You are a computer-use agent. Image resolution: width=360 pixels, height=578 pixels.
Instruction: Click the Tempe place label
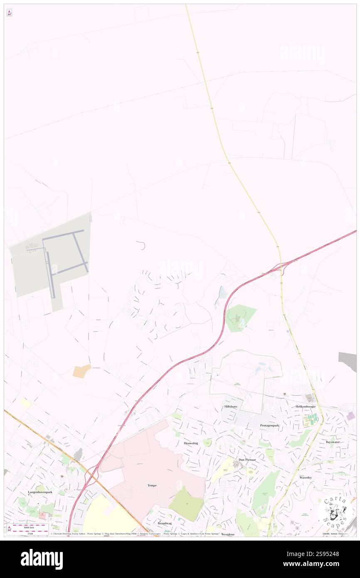(x=152, y=485)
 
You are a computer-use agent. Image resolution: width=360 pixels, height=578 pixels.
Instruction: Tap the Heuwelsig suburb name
(x=191, y=443)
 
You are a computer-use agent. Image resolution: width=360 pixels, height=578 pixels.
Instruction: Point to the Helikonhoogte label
(x=306, y=406)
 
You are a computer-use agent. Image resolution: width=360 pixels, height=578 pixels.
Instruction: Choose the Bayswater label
(x=333, y=442)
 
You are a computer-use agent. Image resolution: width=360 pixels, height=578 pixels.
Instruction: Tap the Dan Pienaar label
(x=247, y=459)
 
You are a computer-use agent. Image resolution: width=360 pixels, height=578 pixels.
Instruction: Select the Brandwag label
(x=165, y=523)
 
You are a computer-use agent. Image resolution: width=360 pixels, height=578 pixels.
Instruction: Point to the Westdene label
(x=228, y=534)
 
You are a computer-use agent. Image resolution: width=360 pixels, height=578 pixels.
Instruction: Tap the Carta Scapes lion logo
(x=336, y=512)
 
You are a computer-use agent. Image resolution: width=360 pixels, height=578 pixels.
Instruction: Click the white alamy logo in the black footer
(x=42, y=559)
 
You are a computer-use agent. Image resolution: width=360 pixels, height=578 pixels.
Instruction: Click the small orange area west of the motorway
(x=81, y=371)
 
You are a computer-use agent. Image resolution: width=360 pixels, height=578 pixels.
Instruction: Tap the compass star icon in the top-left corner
(x=9, y=13)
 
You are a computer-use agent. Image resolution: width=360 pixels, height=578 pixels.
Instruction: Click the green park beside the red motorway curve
(x=240, y=318)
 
